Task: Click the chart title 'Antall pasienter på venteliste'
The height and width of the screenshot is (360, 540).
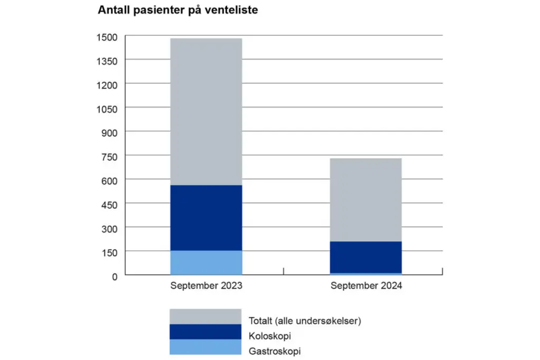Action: click(178, 11)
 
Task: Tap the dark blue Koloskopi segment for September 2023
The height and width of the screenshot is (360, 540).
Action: click(206, 218)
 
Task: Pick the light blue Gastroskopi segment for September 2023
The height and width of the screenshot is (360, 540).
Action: click(206, 262)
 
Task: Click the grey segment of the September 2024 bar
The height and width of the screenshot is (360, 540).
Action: click(366, 200)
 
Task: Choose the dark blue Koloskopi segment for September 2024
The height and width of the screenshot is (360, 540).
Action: click(366, 257)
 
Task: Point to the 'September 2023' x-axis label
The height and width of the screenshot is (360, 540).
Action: click(206, 286)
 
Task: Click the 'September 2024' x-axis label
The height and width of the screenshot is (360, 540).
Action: click(366, 286)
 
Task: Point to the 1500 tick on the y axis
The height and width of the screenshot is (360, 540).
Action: click(107, 36)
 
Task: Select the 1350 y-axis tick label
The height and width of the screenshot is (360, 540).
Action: click(107, 61)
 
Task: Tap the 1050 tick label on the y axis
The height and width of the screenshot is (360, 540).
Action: click(107, 108)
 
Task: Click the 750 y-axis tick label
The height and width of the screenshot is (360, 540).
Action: click(109, 156)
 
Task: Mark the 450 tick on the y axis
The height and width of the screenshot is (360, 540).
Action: click(109, 204)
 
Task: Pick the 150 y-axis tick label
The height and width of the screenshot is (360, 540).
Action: click(109, 251)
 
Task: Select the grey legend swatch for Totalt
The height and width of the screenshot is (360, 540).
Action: click(205, 316)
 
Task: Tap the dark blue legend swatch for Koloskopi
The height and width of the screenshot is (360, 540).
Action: click(205, 332)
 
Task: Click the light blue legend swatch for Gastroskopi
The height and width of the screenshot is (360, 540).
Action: click(205, 347)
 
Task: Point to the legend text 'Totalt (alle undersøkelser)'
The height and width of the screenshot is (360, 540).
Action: click(304, 320)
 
